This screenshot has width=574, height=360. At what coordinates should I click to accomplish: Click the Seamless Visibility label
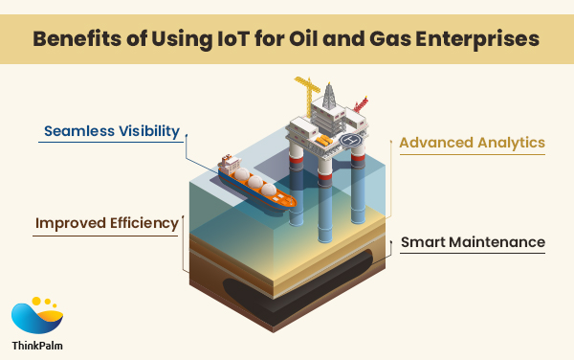(110, 131)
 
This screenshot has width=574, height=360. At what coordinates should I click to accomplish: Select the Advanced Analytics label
(472, 143)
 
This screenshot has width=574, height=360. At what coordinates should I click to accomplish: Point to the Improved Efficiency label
(107, 224)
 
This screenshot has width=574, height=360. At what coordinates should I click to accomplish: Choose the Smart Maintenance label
(473, 242)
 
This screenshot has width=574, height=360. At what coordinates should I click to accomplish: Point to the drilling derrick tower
(330, 96)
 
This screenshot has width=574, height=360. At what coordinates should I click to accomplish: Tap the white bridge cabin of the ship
(229, 163)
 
